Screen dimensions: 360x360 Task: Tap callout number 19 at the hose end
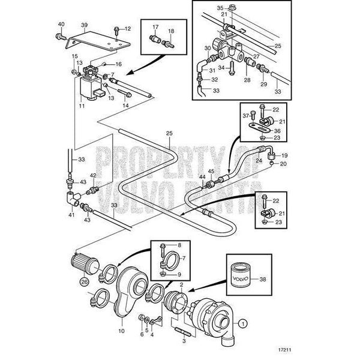coord(285,155)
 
